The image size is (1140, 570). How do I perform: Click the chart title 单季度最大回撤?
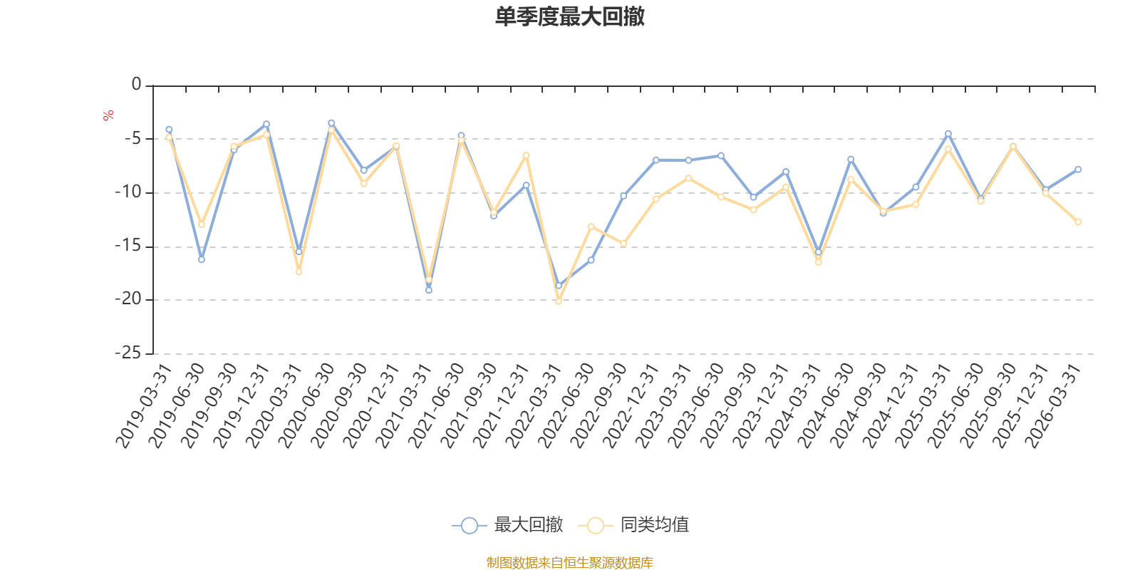click(569, 16)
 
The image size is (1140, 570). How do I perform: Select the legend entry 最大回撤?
click(507, 524)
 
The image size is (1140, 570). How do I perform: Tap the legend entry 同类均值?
click(633, 524)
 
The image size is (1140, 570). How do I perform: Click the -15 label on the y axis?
click(128, 245)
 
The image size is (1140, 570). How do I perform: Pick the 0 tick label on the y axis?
click(136, 84)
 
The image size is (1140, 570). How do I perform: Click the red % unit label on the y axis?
click(108, 115)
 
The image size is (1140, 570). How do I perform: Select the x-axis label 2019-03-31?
click(144, 405)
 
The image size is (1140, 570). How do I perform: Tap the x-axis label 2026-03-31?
click(1053, 405)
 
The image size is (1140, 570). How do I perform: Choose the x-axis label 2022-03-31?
click(534, 405)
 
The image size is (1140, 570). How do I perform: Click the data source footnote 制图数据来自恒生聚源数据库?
click(569, 562)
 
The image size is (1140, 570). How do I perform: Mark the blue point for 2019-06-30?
click(202, 259)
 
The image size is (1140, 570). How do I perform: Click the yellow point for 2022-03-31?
click(559, 301)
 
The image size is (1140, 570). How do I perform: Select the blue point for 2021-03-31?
click(429, 290)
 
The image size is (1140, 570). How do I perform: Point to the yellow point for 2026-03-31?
click(1078, 222)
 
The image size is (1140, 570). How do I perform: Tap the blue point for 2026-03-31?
click(1078, 170)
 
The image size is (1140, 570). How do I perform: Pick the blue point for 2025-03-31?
click(948, 134)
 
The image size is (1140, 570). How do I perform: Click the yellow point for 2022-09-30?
click(623, 244)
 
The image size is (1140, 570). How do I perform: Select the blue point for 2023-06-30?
click(721, 156)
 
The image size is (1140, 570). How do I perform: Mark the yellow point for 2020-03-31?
click(299, 271)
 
